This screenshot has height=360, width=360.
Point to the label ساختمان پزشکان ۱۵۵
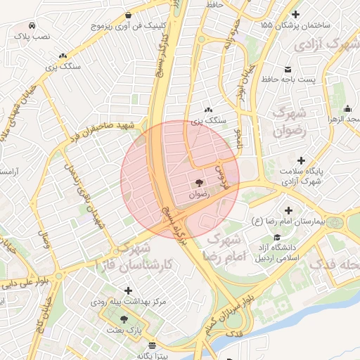coord(295,25)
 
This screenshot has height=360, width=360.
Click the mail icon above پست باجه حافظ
coord(288,69)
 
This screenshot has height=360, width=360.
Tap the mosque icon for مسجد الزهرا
coord(347,109)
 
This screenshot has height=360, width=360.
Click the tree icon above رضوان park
coord(200,182)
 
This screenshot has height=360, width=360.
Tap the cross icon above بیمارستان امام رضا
coord(288,210)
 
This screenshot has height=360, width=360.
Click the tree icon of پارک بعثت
coord(124,319)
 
